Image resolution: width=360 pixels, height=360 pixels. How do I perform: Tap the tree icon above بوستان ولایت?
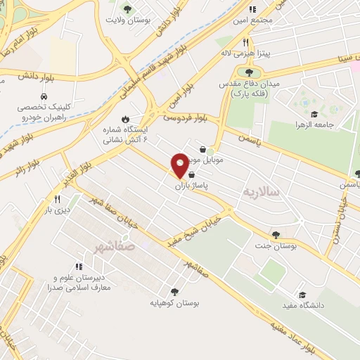click(127, 9)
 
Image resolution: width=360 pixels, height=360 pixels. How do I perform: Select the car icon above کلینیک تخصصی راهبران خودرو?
click(44, 97)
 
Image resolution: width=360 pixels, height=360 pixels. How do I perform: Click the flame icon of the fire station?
click(125, 119)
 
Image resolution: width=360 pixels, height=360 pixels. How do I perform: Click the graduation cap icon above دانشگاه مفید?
click(302, 295)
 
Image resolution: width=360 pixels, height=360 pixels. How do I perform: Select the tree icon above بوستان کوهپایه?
click(174, 291)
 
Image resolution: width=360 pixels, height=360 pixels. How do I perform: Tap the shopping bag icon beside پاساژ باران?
click(192, 174)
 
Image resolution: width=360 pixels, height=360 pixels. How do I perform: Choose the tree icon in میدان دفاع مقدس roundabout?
click(248, 72)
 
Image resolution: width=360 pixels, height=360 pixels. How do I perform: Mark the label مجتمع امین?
click(256, 20)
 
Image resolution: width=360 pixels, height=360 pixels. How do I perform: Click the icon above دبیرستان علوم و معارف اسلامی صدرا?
click(79, 266)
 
